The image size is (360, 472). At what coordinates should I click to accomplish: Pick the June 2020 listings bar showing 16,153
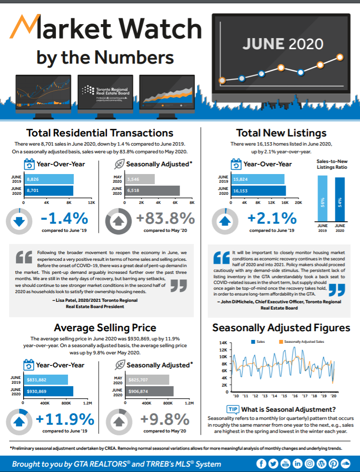tap(259, 191)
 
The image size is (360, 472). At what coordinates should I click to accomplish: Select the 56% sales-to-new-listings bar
tap(322, 199)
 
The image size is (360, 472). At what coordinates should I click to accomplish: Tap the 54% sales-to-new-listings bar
tap(340, 200)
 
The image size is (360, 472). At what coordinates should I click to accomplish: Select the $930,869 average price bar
tap(48, 391)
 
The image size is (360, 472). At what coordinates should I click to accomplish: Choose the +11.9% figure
tap(65, 418)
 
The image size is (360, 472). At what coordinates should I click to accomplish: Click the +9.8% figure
tap(165, 418)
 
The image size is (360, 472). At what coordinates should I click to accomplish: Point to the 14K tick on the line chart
tap(223, 343)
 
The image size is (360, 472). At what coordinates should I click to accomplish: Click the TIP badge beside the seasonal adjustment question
tap(233, 409)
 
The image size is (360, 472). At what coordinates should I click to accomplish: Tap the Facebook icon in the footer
tap(261, 463)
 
